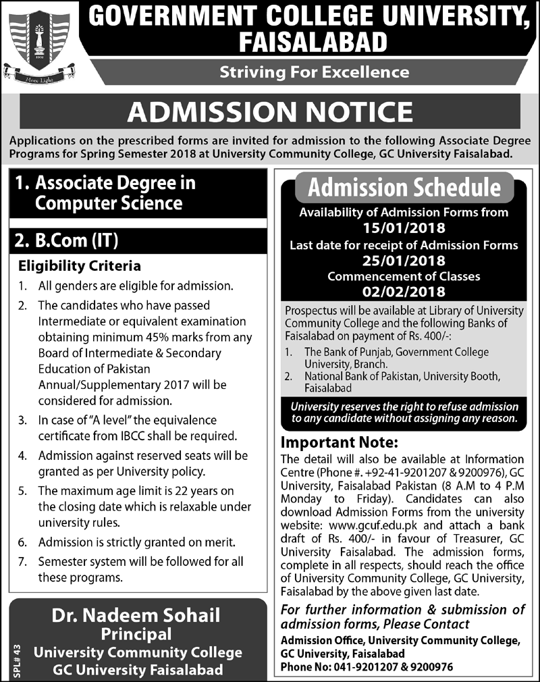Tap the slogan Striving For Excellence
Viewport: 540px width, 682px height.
(x=314, y=72)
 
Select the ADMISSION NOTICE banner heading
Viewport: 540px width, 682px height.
(x=270, y=111)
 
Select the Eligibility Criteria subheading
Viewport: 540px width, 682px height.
(x=79, y=265)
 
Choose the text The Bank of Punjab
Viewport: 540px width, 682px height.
(x=345, y=352)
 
